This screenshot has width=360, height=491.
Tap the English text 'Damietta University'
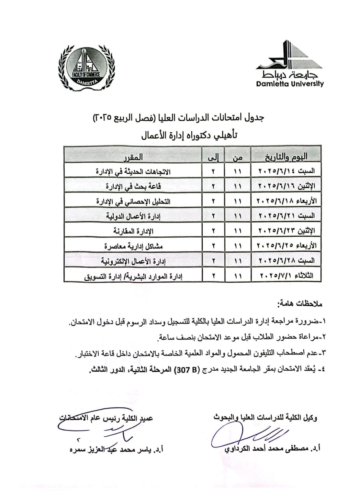pyautogui.click(x=290, y=84)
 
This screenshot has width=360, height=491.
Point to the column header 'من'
pyautogui.click(x=237, y=157)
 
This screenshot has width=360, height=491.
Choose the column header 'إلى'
pyautogui.click(x=213, y=157)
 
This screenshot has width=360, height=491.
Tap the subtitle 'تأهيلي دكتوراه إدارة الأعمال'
pyautogui.click(x=189, y=135)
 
